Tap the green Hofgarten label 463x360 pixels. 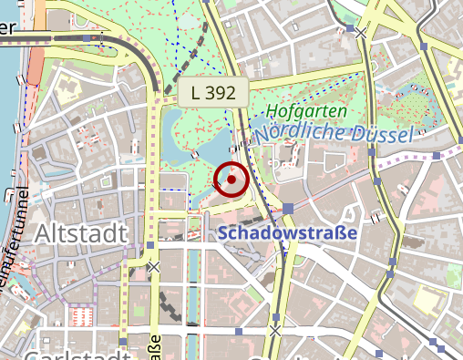point(306,111)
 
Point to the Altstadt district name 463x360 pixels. point(80,234)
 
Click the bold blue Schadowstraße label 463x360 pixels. point(288,233)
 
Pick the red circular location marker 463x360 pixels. point(231,180)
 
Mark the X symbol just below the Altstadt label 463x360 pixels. point(154,267)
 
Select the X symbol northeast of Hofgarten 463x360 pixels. point(361,33)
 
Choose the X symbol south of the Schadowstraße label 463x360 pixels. point(275,330)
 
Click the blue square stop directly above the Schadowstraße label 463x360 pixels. point(288,209)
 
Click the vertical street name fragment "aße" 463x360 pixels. point(155,347)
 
